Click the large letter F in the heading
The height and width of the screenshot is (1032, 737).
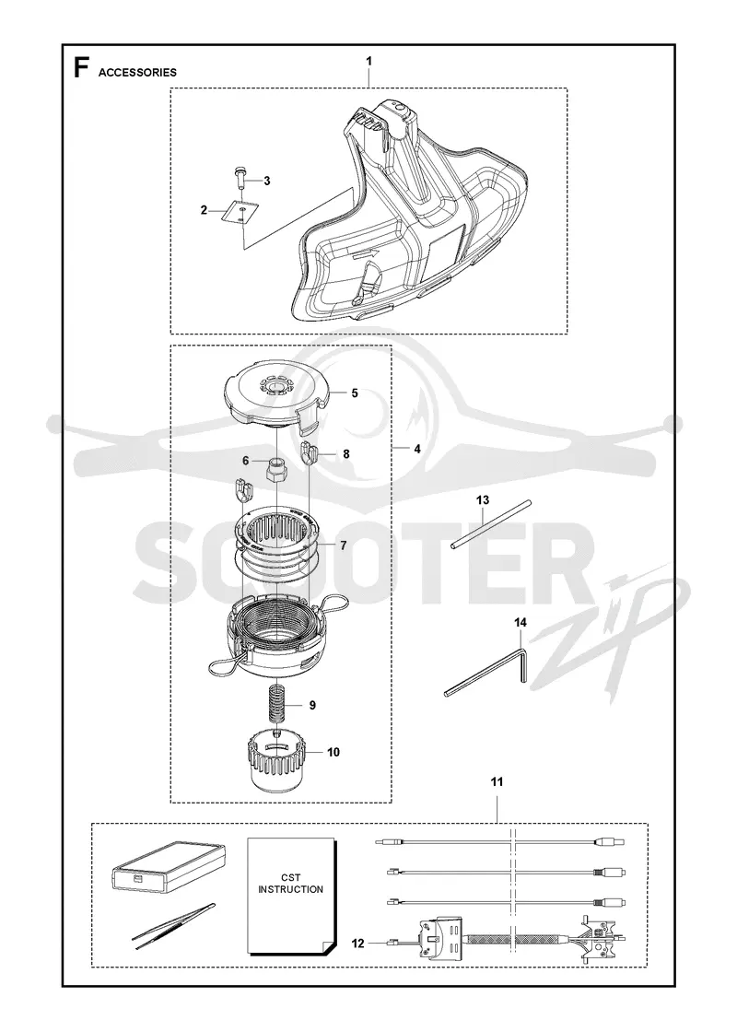81,68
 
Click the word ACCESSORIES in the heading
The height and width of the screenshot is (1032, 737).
137,73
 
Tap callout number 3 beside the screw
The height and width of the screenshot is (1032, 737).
266,181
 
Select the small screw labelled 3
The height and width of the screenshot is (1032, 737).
241,178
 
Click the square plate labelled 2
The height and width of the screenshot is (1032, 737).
240,212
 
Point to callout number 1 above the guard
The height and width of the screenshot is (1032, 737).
368,61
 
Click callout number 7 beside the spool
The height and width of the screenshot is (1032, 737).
343,546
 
